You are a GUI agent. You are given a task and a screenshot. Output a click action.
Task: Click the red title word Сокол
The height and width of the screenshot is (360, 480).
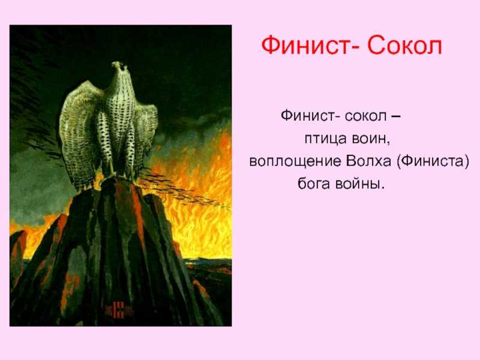404,46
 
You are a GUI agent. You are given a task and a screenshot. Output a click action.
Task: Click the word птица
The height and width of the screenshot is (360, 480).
325,140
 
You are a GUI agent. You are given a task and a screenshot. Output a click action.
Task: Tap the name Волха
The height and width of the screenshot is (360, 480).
368,161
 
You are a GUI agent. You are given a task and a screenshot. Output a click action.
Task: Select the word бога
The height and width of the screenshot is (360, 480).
314,184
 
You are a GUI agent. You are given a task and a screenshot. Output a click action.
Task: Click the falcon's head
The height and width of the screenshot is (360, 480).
121,67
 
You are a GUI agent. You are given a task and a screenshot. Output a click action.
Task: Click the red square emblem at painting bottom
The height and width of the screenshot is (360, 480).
118,310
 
